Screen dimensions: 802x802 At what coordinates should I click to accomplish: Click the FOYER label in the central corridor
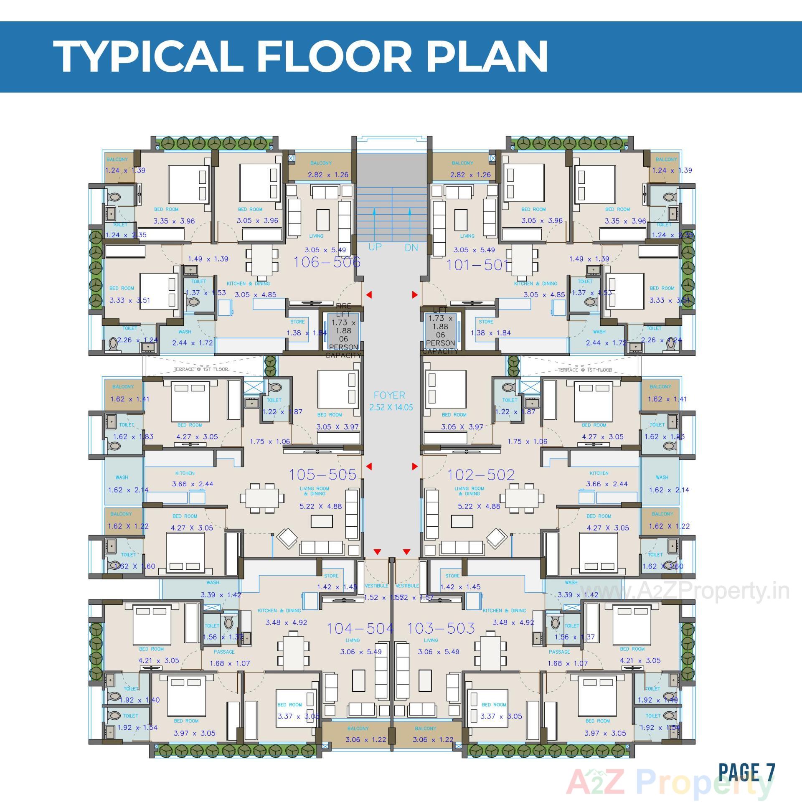pos(389,395)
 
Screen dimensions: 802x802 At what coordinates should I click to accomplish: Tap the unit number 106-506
pos(327,262)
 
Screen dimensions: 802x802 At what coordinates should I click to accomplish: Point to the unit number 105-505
pos(322,475)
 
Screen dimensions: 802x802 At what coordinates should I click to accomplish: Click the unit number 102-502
pos(481,475)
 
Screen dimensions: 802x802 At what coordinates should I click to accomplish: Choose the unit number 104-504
pos(360,628)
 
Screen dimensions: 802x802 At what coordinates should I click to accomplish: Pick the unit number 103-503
pos(441,628)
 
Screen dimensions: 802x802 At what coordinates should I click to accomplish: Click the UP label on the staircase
pos(375,247)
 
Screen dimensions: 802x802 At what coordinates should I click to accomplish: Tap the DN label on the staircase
pos(411,248)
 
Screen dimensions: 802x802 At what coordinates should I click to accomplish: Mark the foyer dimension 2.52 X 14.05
pos(391,407)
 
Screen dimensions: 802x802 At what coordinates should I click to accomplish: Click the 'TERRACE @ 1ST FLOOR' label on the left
pos(201,369)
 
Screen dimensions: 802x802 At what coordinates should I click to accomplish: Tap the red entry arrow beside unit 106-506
pos(369,295)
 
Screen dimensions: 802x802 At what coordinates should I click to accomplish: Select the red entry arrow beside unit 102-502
pos(415,467)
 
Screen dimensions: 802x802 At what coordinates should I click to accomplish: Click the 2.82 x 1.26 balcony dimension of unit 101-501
pos(470,175)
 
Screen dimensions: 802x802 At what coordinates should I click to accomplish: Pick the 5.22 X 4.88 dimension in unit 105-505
pos(320,506)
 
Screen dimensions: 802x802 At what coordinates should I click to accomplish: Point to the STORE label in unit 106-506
pos(297,322)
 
